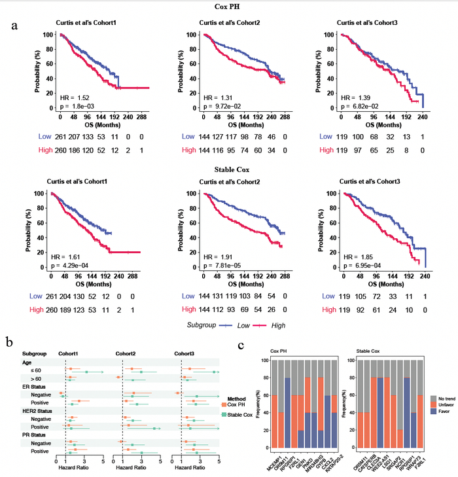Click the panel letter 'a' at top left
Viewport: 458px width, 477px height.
(14, 26)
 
